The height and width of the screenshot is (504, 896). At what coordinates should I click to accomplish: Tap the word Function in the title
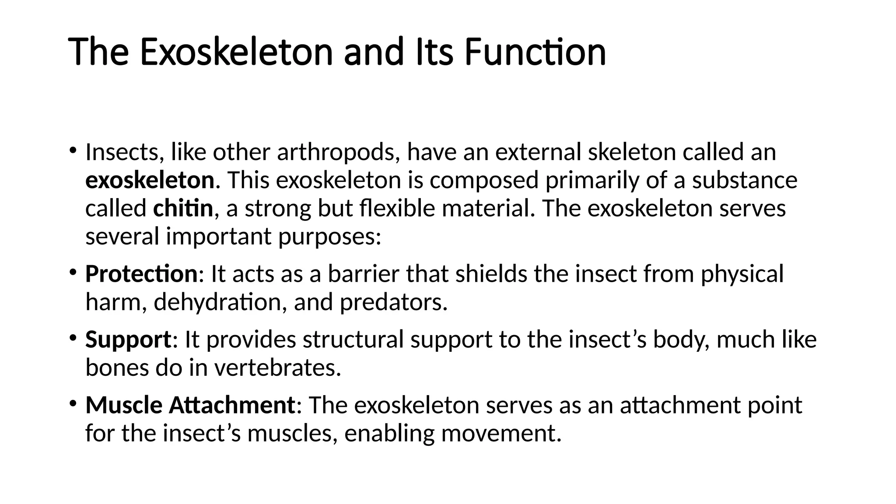pos(535,52)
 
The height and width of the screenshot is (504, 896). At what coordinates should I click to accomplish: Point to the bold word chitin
pos(183,208)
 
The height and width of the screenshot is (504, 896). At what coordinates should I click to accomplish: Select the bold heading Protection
pos(141,274)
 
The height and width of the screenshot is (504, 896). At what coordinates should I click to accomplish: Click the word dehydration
pos(218,302)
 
